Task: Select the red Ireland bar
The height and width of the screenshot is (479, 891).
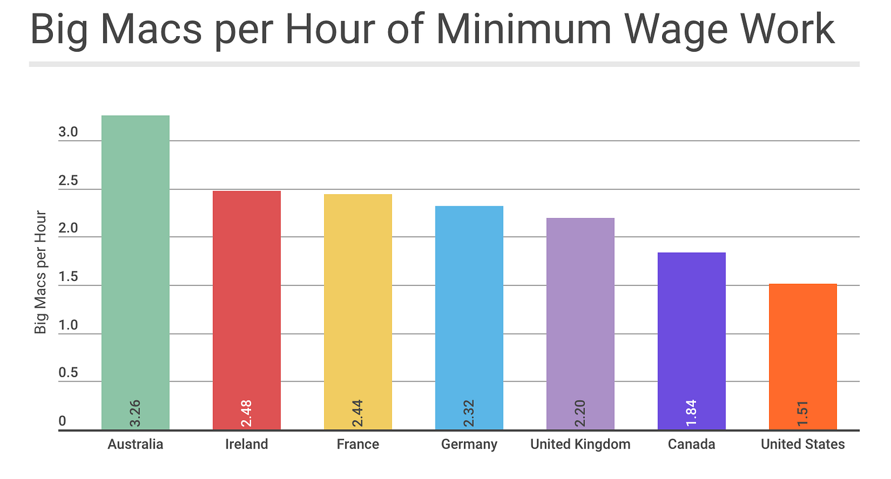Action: pyautogui.click(x=247, y=300)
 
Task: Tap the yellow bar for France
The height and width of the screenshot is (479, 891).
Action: pyautogui.click(x=358, y=300)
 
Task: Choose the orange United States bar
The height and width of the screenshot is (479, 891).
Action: pyautogui.click(x=802, y=345)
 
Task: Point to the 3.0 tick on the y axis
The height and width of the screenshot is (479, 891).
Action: pyautogui.click(x=68, y=132)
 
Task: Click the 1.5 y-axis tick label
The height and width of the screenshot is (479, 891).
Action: pyautogui.click(x=68, y=277)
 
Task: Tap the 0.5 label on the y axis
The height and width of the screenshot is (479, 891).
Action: pyautogui.click(x=68, y=373)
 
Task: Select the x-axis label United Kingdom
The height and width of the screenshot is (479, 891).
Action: pyautogui.click(x=580, y=445)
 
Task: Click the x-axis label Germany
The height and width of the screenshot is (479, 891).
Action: pyautogui.click(x=469, y=445)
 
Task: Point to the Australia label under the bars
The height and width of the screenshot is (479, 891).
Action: pyautogui.click(x=135, y=445)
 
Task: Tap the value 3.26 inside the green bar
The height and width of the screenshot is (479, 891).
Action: pyautogui.click(x=135, y=413)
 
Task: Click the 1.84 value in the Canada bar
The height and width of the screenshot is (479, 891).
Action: pyautogui.click(x=691, y=413)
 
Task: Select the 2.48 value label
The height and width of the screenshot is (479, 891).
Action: pyautogui.click(x=247, y=413)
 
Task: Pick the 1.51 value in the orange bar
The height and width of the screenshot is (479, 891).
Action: pyautogui.click(x=802, y=413)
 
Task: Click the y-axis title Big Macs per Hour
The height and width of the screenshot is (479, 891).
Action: pyautogui.click(x=41, y=272)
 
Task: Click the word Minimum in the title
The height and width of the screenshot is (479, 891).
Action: pyautogui.click(x=523, y=29)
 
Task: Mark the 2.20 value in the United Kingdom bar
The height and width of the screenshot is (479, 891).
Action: pyautogui.click(x=580, y=413)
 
